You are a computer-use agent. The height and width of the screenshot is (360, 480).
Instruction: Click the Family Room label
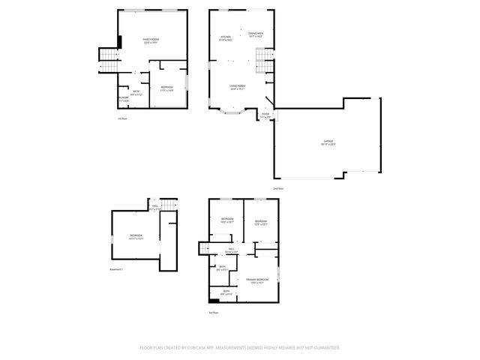tap(151, 40)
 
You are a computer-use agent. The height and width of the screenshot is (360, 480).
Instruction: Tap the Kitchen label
tap(226, 37)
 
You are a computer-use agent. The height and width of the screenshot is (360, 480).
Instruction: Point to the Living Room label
tap(238, 88)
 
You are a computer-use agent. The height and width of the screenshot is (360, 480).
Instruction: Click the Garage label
tap(328, 143)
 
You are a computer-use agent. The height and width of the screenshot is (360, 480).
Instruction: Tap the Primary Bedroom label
tap(257, 280)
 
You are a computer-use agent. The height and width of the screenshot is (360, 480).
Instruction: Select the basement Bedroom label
tap(136, 237)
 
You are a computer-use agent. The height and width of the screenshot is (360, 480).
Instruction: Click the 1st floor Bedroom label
tap(167, 88)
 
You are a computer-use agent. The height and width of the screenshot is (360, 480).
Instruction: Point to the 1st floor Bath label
tap(136, 93)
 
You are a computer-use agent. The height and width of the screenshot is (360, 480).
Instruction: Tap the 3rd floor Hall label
tap(232, 250)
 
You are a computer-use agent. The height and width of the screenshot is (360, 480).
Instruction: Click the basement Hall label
tap(155, 208)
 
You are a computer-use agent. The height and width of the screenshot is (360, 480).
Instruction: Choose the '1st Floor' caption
tap(122, 118)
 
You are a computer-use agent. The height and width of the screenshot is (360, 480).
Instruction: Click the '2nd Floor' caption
tap(277, 188)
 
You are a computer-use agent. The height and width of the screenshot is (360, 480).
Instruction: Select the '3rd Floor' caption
tap(213, 313)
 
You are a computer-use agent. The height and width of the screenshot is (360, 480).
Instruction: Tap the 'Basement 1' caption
tap(116, 268)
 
